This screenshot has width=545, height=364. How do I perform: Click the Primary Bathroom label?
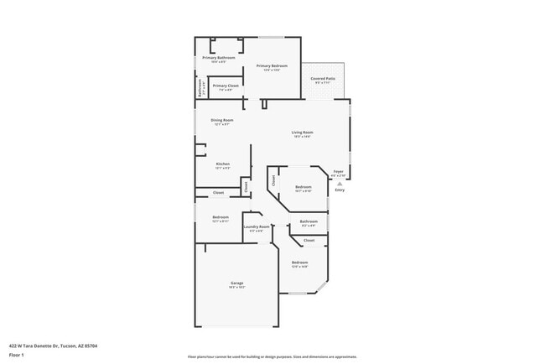218,58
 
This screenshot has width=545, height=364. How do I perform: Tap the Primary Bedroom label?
273,66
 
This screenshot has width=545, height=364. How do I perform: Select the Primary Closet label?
223,86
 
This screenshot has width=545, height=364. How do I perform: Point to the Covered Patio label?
323,78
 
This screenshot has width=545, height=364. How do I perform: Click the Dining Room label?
222,120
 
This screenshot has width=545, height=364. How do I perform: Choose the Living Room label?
302,132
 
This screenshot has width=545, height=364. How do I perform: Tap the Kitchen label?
222,164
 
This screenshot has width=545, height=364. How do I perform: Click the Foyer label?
339,171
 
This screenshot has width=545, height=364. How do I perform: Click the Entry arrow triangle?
340,183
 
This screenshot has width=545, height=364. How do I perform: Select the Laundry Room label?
257,226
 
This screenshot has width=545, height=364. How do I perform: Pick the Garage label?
237,283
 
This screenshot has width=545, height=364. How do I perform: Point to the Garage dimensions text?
237,288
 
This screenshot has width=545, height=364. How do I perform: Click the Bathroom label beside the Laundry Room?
309,221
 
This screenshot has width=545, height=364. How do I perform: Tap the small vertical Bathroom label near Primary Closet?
199,86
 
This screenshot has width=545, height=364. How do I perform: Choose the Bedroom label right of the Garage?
300,263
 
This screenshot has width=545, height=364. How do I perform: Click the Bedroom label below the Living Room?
303,186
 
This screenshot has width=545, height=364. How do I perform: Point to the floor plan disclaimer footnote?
272,356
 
